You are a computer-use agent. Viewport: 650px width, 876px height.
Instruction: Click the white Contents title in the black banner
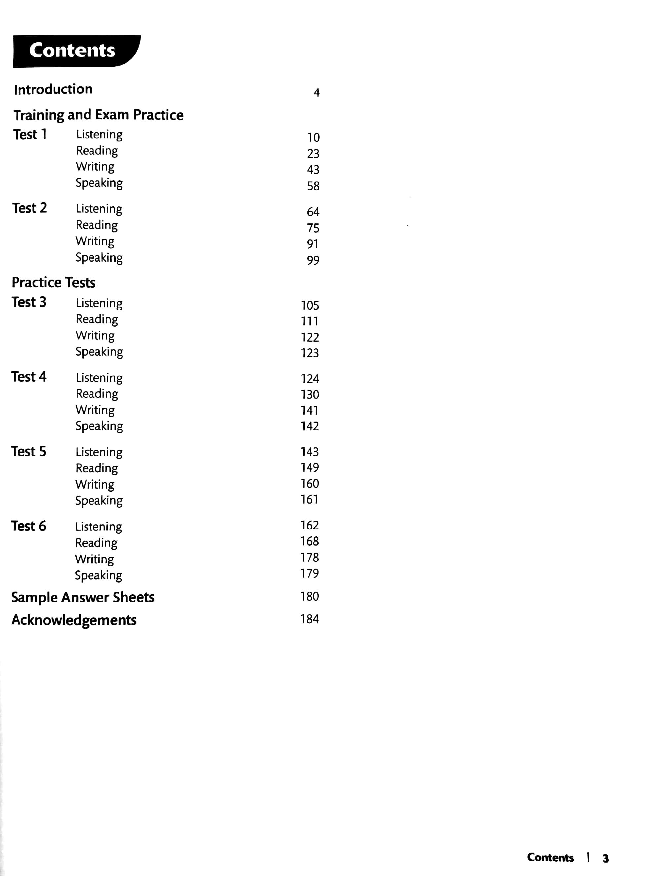[72, 50]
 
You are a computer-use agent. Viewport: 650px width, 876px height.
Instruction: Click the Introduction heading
[53, 89]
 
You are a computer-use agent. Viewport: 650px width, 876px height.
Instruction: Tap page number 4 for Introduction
[316, 93]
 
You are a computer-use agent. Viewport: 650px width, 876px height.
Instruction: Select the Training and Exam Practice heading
[98, 115]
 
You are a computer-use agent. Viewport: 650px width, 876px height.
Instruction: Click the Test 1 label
[30, 134]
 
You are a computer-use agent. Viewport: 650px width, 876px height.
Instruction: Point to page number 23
[313, 154]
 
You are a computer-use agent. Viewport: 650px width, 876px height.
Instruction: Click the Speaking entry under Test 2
[99, 258]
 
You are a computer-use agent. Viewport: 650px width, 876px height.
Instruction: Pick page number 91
[313, 244]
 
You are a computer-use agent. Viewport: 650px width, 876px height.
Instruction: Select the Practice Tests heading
[54, 282]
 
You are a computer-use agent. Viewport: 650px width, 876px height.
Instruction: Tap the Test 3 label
[29, 302]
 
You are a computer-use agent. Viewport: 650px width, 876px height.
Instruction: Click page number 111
[310, 321]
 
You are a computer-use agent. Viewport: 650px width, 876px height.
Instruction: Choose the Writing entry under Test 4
[95, 410]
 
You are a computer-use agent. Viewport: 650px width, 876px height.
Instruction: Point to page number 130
[310, 394]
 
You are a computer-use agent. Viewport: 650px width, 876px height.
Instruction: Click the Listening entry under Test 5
[99, 452]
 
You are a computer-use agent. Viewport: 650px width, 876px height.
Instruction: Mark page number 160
[310, 484]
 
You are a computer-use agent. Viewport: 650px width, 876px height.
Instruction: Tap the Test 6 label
[28, 526]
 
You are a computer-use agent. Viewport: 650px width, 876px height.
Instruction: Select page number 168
[310, 541]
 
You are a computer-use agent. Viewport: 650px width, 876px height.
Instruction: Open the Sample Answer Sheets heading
[83, 598]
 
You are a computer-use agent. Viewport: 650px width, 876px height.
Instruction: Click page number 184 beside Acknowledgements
[310, 619]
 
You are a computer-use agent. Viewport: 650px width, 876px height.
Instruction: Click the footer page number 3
[605, 858]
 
